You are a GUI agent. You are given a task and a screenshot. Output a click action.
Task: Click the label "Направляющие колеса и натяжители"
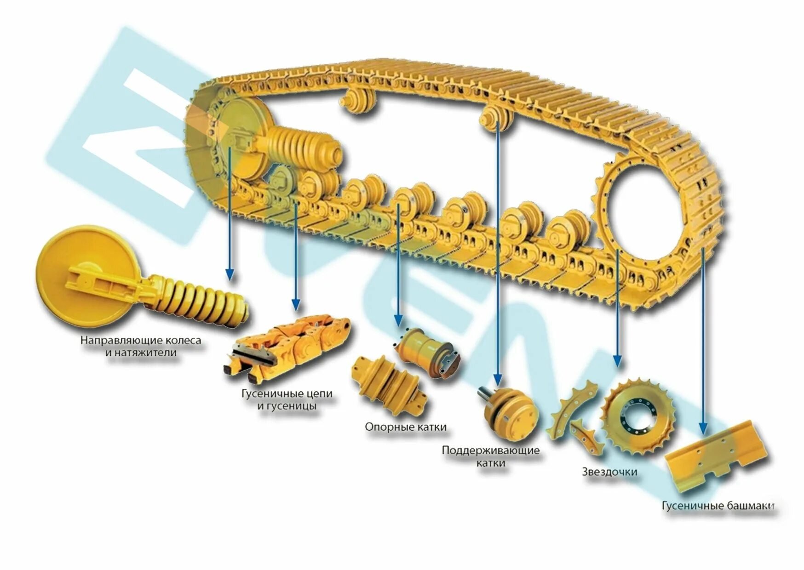(141, 347)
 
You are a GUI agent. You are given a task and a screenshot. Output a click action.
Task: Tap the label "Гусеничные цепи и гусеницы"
(287, 400)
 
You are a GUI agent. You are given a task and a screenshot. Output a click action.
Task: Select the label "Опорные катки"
(406, 427)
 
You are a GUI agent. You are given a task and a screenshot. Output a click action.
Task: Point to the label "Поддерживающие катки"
(491, 456)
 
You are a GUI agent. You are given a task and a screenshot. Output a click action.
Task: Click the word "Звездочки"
(609, 472)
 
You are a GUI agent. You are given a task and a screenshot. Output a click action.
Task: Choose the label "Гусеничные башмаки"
(718, 506)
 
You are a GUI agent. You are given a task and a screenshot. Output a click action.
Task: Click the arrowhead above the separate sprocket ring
(618, 360)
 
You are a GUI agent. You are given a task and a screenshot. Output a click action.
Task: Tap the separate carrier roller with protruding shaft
(508, 411)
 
